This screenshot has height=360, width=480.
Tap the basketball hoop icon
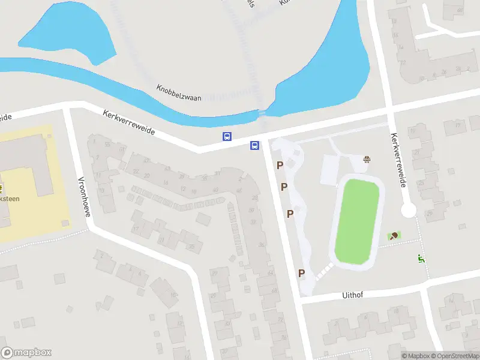pyautogui.click(x=367, y=159)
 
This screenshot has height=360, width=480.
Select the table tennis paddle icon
pyautogui.click(x=394, y=236)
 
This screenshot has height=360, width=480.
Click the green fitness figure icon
pyautogui.click(x=421, y=259)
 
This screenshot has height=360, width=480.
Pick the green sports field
pyautogui.click(x=357, y=221)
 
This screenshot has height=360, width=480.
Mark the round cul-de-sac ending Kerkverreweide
pyautogui.click(x=409, y=210)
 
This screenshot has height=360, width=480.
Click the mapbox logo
pyautogui.click(x=26, y=352)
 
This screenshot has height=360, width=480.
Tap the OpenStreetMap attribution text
pyautogui.click(x=452, y=356)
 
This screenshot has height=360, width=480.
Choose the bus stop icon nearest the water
pyautogui.click(x=227, y=136)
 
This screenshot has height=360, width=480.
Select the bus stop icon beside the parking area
pyautogui.click(x=255, y=145)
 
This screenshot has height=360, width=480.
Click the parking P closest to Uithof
pyautogui.click(x=302, y=273)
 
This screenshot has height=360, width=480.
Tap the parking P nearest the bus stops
pyautogui.click(x=280, y=164)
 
